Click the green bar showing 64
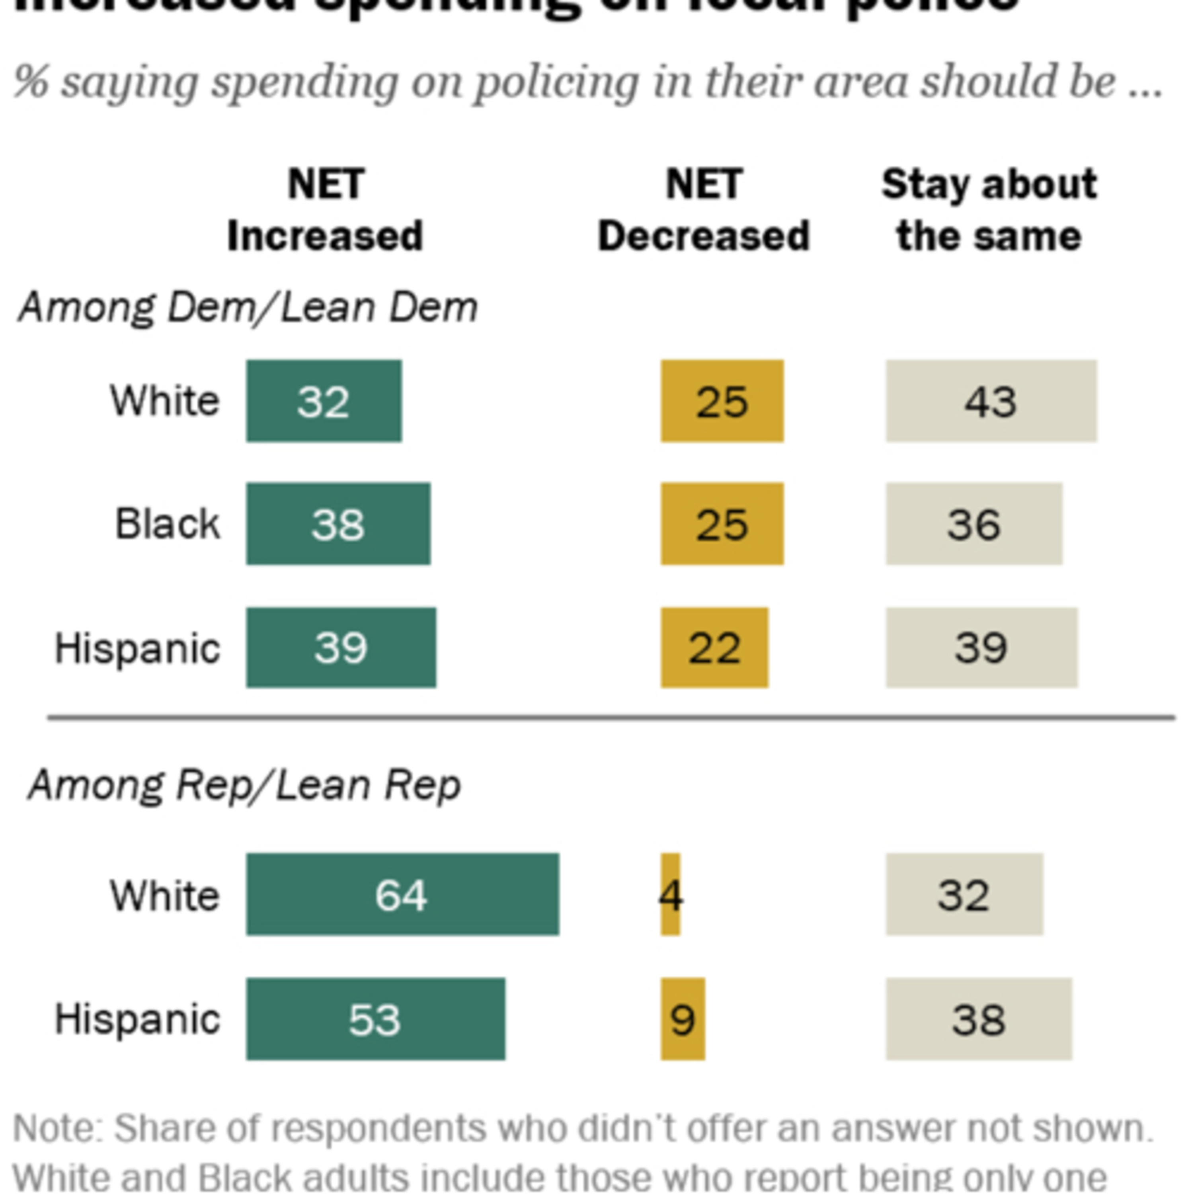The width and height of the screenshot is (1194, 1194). tap(402, 894)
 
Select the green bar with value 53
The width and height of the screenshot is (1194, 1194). tap(375, 1018)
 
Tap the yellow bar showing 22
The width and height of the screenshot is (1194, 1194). tap(714, 648)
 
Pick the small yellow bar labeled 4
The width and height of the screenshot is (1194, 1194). tap(671, 894)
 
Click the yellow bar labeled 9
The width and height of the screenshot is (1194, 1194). tap(682, 1018)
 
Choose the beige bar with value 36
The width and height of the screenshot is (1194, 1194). tap(974, 523)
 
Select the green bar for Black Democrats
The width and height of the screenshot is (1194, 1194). tap(338, 523)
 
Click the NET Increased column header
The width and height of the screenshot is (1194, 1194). tap(325, 210)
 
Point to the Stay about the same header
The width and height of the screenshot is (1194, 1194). tap(989, 210)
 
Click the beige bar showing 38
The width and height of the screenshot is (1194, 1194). tap(978, 1018)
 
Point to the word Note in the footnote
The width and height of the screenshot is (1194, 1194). tap(59, 1128)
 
